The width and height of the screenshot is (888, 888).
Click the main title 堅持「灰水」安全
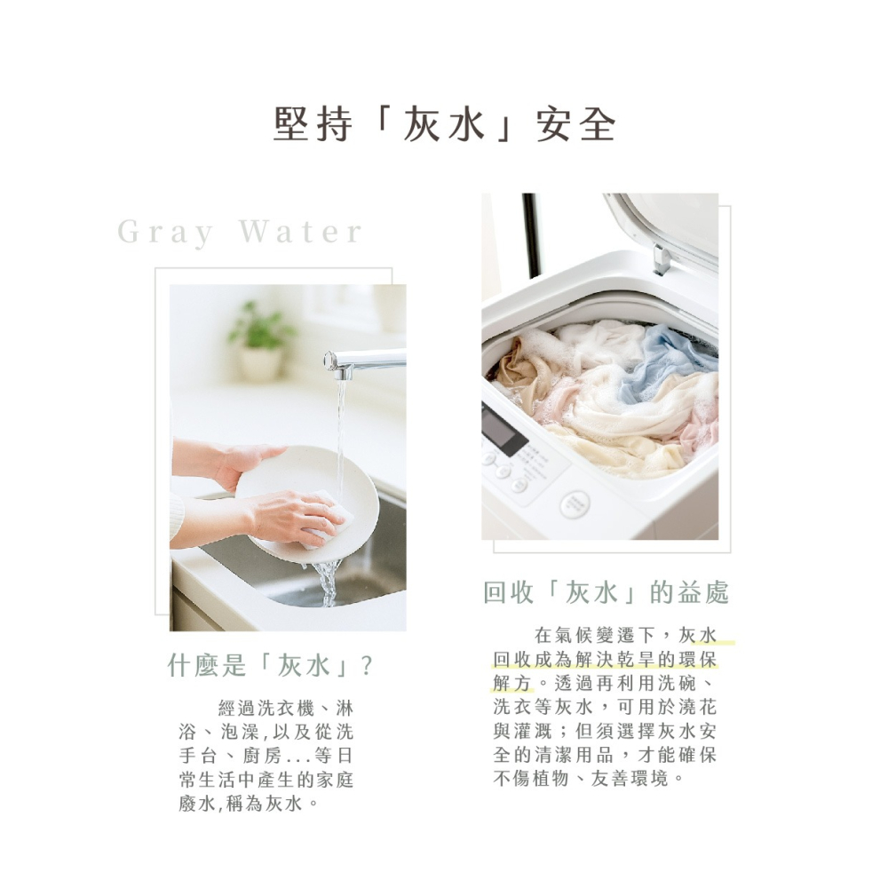[x=444, y=125]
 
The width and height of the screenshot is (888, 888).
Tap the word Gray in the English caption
[x=166, y=233]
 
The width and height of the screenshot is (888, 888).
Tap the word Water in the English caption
[x=301, y=233]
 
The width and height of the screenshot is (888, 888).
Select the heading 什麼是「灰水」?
[x=270, y=666]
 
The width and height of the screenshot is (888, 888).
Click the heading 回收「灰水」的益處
[x=606, y=592]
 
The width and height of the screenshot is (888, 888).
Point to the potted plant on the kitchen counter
[x=261, y=342]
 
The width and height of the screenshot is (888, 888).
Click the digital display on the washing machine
[x=503, y=432]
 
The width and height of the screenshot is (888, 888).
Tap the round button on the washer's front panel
[x=575, y=504]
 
